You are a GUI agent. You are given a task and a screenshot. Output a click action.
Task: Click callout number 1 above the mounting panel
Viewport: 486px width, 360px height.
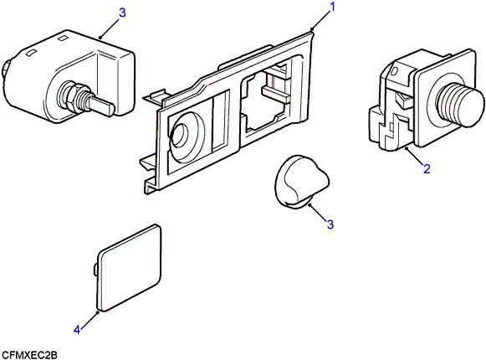coord(332,7)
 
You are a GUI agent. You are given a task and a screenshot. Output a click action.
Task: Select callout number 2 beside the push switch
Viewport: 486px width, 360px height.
coord(427,169)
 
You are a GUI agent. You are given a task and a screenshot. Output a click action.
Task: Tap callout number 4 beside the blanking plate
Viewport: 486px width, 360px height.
coord(77,330)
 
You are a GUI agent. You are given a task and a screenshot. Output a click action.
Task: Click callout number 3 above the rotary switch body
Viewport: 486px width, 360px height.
coord(122,13)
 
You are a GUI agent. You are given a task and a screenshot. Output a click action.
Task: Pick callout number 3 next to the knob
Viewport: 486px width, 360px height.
coord(330,224)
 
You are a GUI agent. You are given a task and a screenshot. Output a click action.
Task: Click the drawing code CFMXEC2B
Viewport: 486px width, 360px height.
coord(29,355)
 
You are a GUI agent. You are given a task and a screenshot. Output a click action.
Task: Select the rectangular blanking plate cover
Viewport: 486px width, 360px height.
coord(130,268)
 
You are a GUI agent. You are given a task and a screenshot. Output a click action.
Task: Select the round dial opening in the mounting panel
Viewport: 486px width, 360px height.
coord(182,136)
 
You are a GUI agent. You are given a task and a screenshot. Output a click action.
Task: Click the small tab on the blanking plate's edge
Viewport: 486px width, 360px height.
coord(95,268)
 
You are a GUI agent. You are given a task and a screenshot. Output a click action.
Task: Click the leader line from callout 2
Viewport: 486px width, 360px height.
coord(416,156)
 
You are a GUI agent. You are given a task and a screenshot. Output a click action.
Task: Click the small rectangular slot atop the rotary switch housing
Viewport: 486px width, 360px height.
coord(64,39)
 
